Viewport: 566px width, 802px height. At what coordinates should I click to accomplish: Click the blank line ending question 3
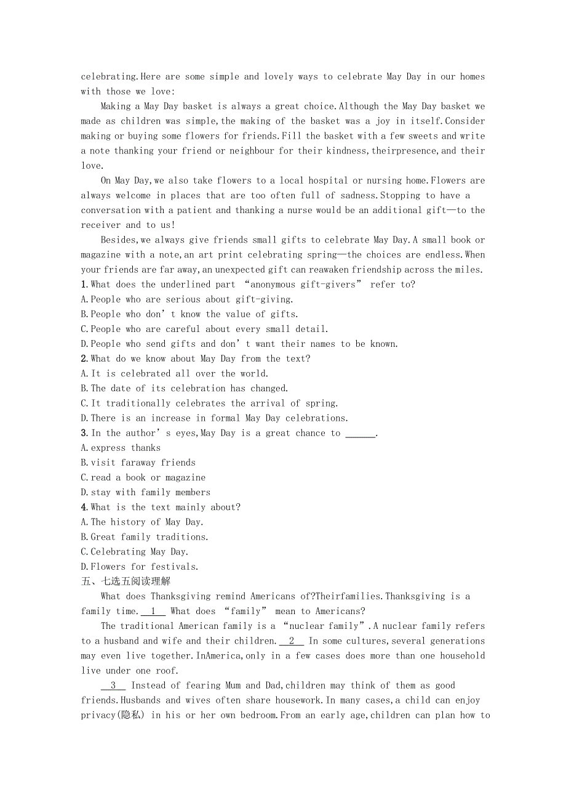click(360, 434)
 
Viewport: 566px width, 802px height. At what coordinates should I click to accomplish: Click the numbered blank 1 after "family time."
click(153, 611)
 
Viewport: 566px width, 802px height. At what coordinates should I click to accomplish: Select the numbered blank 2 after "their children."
click(292, 641)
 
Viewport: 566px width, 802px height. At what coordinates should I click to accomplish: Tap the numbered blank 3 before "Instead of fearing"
click(113, 686)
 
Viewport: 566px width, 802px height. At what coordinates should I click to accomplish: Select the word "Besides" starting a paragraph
click(121, 240)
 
